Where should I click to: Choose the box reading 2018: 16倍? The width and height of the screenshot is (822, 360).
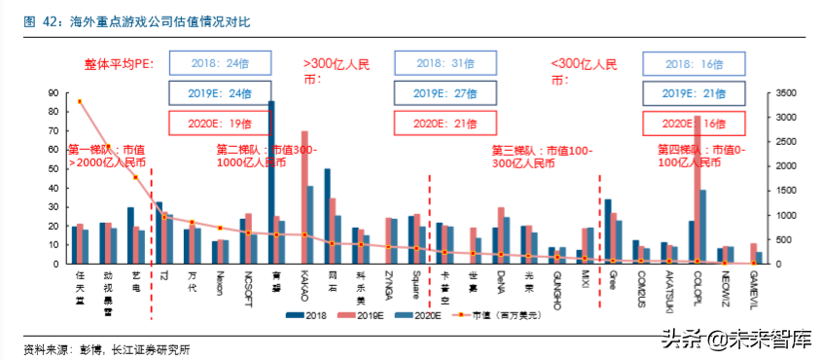coord(695,63)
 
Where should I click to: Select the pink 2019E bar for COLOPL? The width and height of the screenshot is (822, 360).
coord(697,190)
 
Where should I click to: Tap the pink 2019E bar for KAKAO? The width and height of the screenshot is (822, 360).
coord(304,198)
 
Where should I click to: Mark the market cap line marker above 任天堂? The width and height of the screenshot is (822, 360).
coord(80,102)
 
